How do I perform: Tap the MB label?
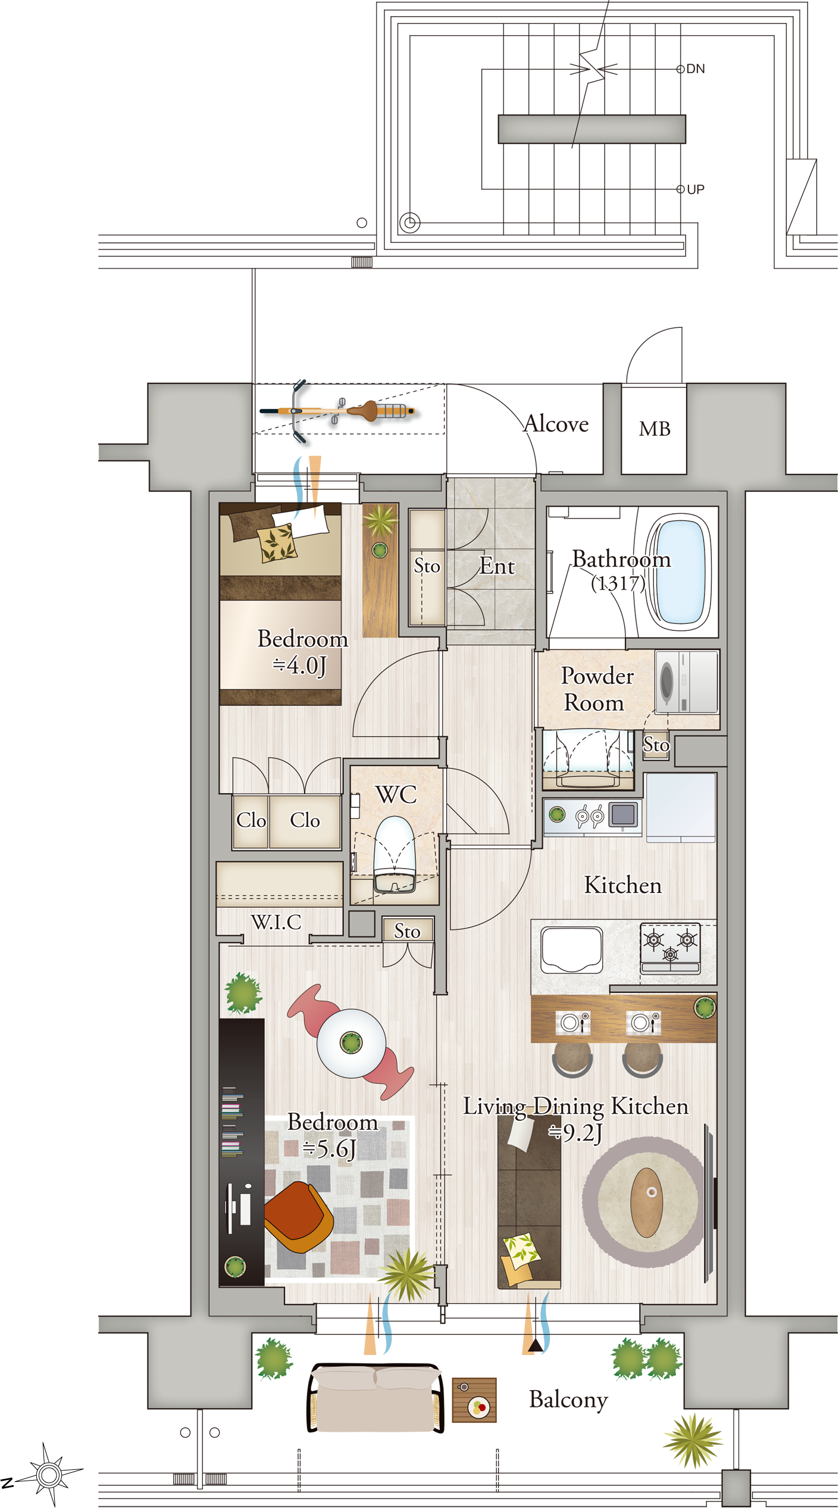(655, 429)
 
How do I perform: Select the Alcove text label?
(556, 423)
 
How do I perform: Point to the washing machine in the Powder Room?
(687, 681)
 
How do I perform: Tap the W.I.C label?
(276, 922)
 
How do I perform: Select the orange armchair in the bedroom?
(298, 1217)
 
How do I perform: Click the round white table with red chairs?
(351, 1042)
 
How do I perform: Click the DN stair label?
(696, 69)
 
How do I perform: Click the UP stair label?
(696, 189)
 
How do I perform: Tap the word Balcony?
(568, 1400)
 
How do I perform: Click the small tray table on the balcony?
(474, 1400)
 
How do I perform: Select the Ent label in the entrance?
(497, 566)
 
